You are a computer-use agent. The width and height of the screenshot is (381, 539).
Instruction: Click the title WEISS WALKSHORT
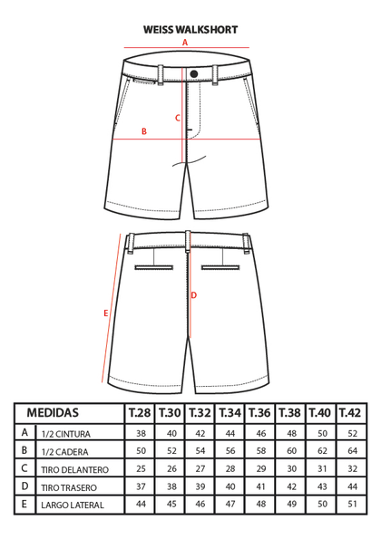coord(190,30)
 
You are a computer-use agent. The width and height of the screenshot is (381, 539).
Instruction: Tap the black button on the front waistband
coord(194,73)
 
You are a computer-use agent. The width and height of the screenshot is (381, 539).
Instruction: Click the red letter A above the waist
coord(185,43)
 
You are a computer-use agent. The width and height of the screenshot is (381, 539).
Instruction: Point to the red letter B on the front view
coord(144,131)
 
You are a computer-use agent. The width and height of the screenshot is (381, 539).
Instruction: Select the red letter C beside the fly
coord(178,118)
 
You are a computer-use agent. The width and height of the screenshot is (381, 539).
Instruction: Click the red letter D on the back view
coord(194,295)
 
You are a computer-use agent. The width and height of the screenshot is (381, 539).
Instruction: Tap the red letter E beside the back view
coord(106,313)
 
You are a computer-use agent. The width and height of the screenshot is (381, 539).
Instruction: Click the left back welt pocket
coord(154,267)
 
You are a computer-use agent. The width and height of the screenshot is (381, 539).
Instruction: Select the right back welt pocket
coord(220,267)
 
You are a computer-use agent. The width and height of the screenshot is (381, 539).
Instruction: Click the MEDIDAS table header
coord(53,412)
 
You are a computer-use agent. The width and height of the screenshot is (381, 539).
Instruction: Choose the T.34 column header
coord(230,412)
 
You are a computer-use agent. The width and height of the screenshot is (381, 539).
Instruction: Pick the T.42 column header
coord(350,412)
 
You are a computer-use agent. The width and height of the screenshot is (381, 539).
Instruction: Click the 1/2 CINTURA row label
coord(65,434)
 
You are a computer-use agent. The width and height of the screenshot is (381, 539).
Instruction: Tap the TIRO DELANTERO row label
coord(74,469)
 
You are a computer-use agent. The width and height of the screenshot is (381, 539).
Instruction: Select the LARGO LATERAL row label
coord(73,505)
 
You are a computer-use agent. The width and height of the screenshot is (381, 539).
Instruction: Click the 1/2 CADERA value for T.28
coord(142,450)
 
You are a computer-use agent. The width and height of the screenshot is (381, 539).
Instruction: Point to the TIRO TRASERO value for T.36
coord(261,486)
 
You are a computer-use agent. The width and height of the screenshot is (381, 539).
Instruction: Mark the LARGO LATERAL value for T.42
coord(353,504)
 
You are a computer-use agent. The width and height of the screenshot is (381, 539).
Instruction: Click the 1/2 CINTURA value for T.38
coord(291,433)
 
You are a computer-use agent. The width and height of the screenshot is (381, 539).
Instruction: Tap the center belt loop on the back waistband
coord(188,242)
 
